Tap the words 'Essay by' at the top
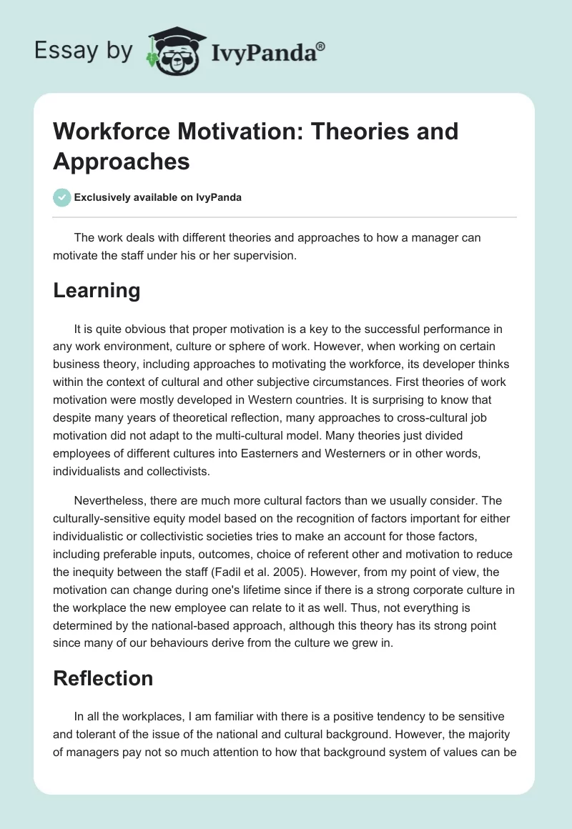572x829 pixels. click(83, 51)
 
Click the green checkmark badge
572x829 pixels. click(61, 197)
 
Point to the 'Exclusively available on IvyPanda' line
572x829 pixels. click(157, 198)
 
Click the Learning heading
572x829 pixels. click(97, 290)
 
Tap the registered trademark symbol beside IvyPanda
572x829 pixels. click(321, 46)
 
